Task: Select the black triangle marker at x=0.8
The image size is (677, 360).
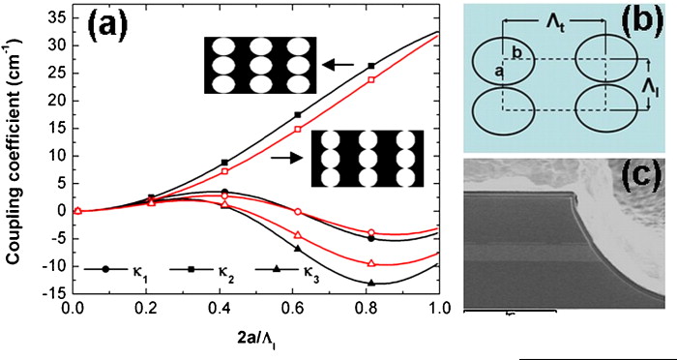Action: click(x=371, y=283)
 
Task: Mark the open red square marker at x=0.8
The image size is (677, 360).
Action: click(x=371, y=80)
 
